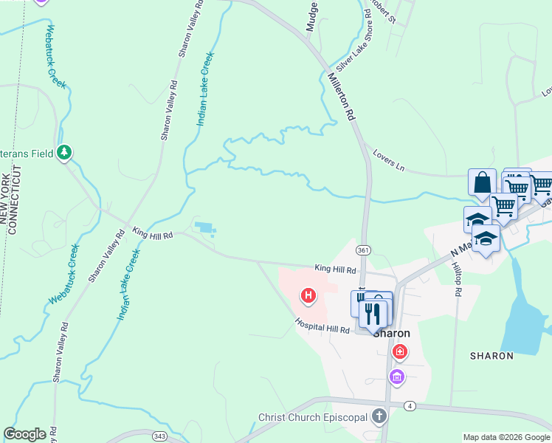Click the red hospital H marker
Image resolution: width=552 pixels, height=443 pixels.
click(308, 297)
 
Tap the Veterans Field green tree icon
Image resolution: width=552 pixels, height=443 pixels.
click(66, 152)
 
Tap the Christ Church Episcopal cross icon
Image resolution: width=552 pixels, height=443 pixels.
click(379, 416)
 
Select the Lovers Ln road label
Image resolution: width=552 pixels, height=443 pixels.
click(389, 162)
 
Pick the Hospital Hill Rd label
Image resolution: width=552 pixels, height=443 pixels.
click(322, 326)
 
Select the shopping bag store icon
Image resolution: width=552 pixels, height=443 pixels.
click(482, 182)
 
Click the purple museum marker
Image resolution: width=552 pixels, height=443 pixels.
click(397, 377)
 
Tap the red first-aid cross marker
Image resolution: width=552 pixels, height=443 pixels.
click(401, 351)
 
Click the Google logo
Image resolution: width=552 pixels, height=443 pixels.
click(24, 434)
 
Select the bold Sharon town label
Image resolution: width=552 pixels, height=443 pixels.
click(391, 333)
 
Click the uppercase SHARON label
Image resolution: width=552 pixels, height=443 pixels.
click(491, 356)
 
